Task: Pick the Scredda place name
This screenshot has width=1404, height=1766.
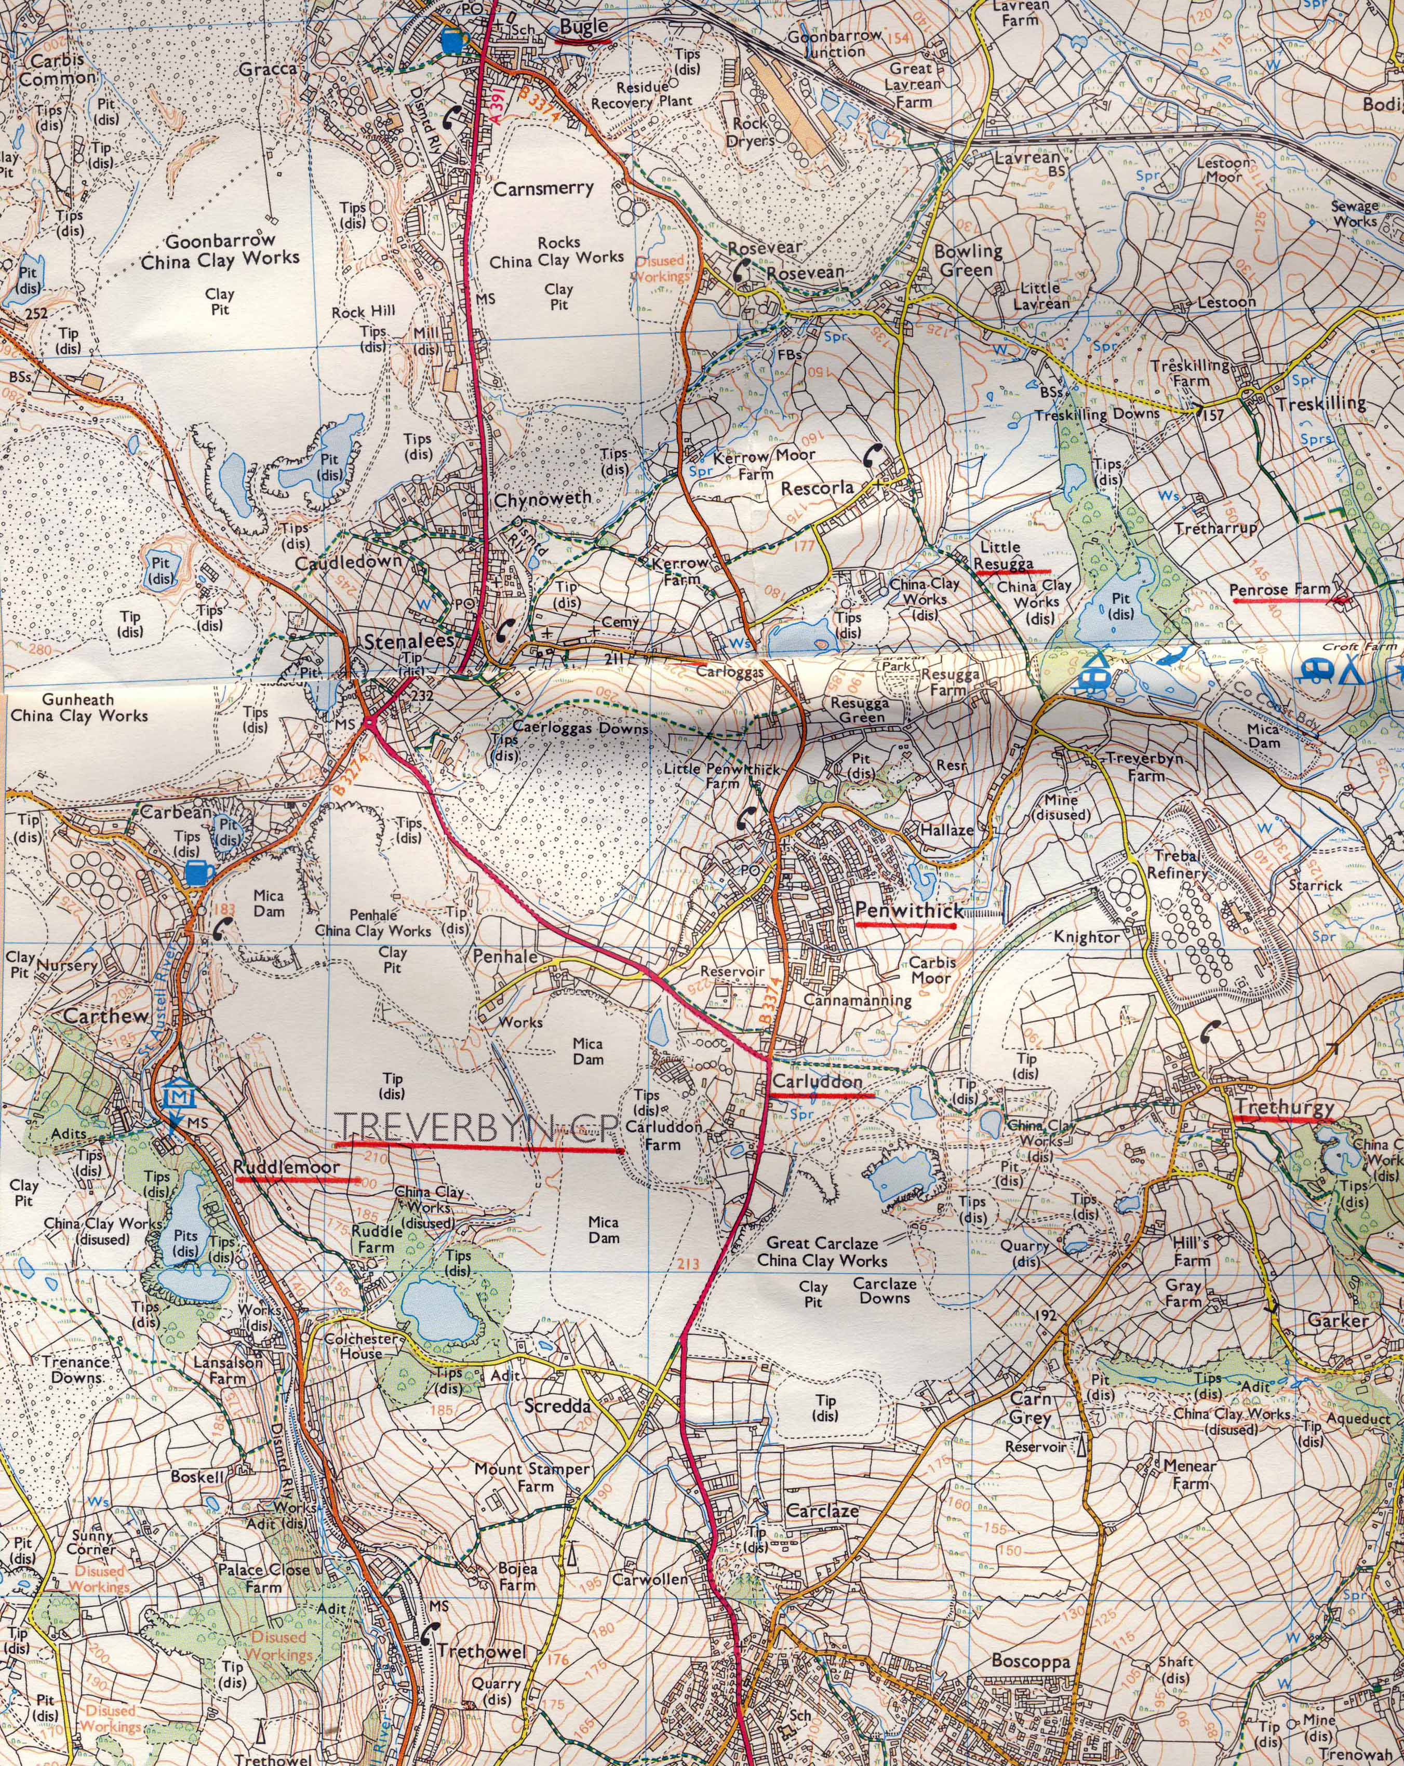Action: (558, 1406)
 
